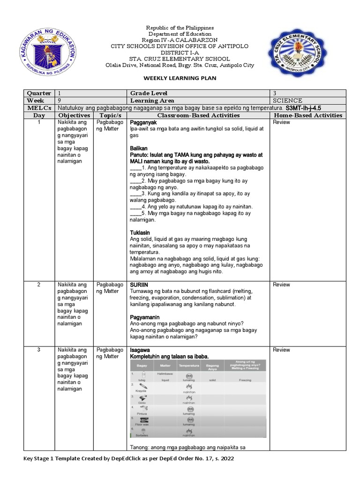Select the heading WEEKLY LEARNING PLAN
[x=180, y=78]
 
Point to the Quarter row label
[x=39, y=93]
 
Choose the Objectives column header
[x=74, y=115]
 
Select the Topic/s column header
[x=110, y=115]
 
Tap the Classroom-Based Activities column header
[x=198, y=115]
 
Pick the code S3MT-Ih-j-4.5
[x=306, y=108]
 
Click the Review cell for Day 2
[x=281, y=285]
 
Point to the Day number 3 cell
[x=39, y=350]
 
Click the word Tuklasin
[x=140, y=232]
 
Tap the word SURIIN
[x=139, y=285]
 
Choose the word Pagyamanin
[x=144, y=317]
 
